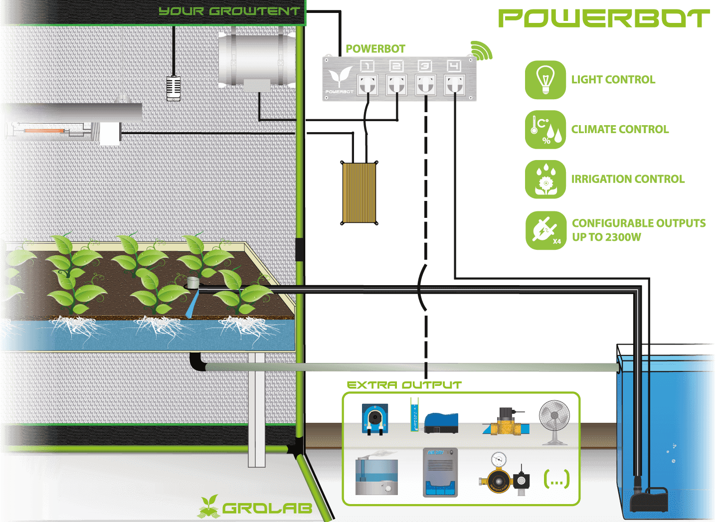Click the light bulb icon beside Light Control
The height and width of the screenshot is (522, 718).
pyautogui.click(x=545, y=80)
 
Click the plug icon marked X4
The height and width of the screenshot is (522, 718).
pyautogui.click(x=546, y=230)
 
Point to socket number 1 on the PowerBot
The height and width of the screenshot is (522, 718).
pyautogui.click(x=367, y=85)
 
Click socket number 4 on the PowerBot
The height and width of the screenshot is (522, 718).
pyautogui.click(x=454, y=85)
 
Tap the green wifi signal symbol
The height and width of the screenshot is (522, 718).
pyautogui.click(x=481, y=50)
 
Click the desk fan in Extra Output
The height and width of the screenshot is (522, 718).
pyautogui.click(x=554, y=422)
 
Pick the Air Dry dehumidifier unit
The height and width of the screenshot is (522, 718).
pyautogui.click(x=440, y=472)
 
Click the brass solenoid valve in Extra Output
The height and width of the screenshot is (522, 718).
pyautogui.click(x=506, y=421)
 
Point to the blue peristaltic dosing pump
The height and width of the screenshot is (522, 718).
pyautogui.click(x=375, y=419)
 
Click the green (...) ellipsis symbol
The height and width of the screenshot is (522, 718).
pyautogui.click(x=557, y=479)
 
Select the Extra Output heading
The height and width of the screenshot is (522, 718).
pyautogui.click(x=404, y=385)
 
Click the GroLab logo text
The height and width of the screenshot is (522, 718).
pyautogui.click(x=267, y=508)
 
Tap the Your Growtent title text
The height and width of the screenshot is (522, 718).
pyautogui.click(x=229, y=11)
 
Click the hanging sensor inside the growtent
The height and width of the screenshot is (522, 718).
pyautogui.click(x=174, y=88)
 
